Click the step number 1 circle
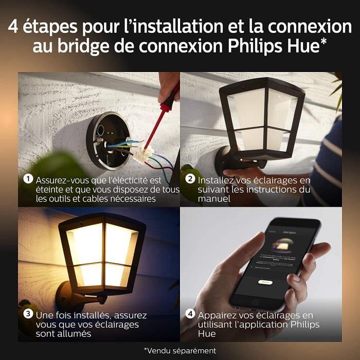[28, 180]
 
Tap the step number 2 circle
[190, 180]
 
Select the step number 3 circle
[28, 315]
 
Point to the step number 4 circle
[190, 315]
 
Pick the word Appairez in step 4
[215, 315]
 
